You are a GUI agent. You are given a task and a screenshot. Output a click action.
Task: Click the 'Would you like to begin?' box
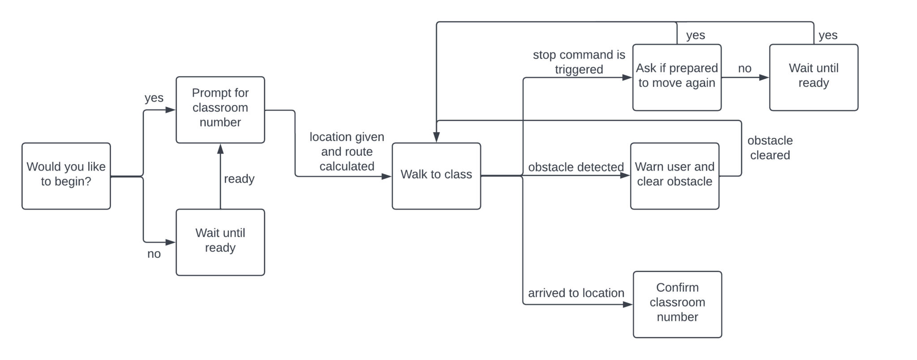[66, 176]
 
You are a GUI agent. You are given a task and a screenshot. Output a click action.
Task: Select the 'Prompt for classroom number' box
[220, 110]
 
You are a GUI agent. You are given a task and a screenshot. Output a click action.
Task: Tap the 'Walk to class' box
[436, 176]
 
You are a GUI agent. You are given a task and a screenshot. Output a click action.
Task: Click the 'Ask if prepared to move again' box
[677, 77]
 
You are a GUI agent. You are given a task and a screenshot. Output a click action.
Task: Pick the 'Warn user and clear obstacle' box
[674, 176]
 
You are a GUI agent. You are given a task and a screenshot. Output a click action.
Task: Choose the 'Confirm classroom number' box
[677, 304]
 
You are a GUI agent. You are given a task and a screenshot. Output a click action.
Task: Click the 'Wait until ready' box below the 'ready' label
[220, 242]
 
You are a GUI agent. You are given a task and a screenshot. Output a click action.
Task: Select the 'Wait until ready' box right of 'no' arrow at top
[814, 77]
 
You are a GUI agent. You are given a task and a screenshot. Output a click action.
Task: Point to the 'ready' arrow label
[239, 179]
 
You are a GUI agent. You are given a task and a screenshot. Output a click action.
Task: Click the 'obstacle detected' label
[575, 167]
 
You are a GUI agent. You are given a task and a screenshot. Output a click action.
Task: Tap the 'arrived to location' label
[576, 293]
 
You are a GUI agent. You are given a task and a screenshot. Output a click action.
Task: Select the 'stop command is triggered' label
[578, 62]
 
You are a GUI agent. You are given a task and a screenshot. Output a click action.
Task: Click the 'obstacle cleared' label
[770, 148]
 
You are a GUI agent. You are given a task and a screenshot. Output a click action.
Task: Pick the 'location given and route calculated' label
[347, 151]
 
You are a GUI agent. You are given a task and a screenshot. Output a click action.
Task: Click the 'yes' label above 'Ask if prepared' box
[695, 35]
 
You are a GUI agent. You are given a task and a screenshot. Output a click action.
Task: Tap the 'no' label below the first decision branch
[154, 254]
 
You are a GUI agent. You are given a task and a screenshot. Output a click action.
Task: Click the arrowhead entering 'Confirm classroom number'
[628, 304]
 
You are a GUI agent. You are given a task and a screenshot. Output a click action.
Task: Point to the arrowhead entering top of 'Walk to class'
[437, 138]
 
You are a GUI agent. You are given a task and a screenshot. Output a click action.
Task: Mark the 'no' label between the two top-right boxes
[745, 69]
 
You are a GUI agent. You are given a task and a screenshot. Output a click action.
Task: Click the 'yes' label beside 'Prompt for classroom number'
[154, 98]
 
